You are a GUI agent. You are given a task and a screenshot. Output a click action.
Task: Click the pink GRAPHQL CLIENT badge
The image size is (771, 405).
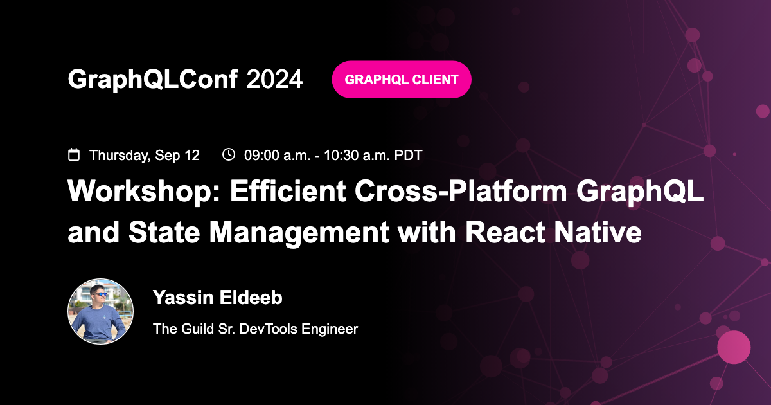402,80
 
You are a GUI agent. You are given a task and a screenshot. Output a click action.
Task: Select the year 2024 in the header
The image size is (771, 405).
274,80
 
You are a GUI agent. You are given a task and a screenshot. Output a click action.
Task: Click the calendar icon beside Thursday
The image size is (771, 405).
74,155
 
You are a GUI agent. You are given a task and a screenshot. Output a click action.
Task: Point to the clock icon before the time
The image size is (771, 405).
228,154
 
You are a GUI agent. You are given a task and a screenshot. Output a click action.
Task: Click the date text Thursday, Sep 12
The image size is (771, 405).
145,155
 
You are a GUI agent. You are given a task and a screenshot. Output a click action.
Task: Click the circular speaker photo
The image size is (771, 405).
101,311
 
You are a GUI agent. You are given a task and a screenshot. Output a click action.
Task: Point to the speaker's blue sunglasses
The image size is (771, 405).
100,294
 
